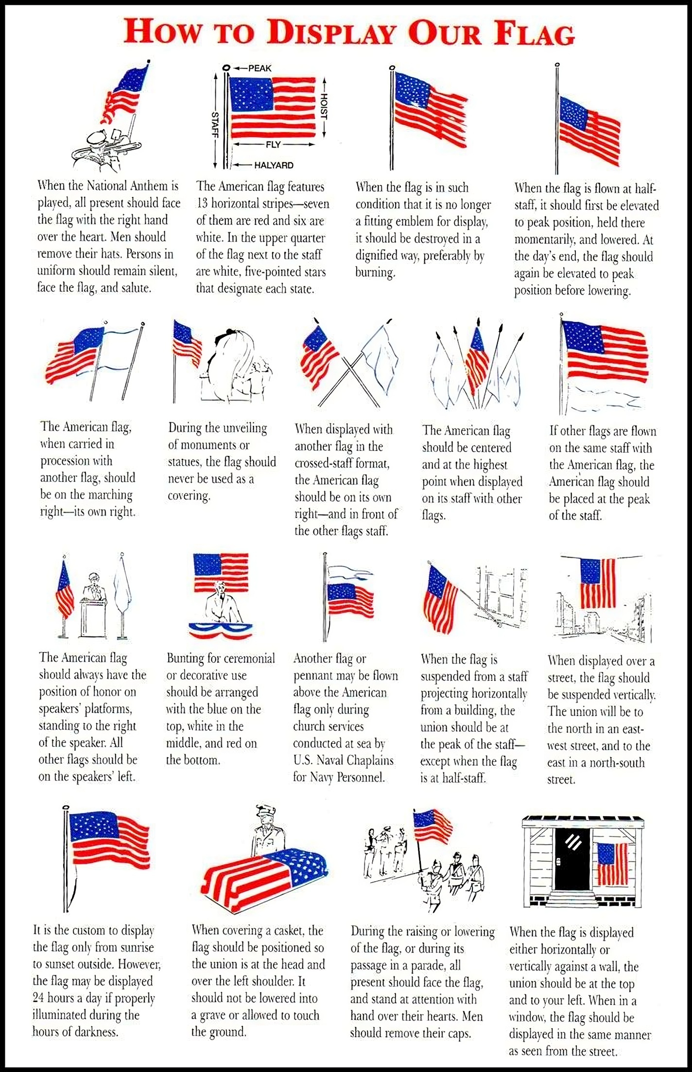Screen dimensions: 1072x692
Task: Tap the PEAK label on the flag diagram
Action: tap(259, 68)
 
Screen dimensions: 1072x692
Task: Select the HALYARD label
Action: tap(274, 166)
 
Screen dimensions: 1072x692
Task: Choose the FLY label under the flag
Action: tap(273, 145)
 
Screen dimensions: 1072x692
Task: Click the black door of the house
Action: tap(572, 859)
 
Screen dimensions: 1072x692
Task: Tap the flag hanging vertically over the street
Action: tap(598, 583)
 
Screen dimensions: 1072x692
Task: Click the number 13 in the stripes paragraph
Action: tap(202, 204)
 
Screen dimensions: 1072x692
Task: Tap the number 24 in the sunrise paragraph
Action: tap(38, 998)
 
